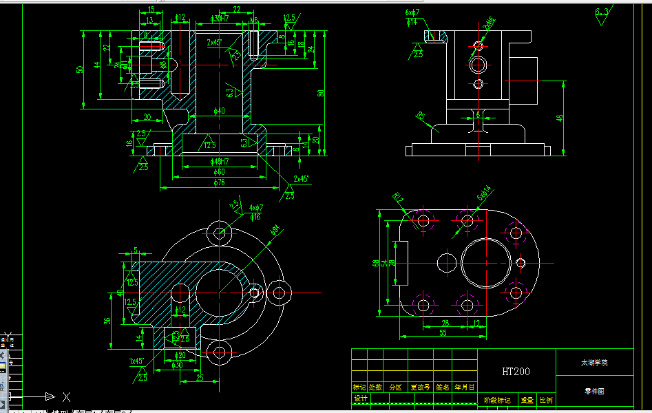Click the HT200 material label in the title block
516,372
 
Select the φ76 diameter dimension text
220,182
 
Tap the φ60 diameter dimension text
220,171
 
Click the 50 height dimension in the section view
80,69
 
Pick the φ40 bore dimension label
220,111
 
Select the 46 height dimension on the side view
560,118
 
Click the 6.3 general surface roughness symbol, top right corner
602,12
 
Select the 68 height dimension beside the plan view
376,263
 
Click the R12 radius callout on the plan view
398,199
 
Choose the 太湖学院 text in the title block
594,362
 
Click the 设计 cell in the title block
360,399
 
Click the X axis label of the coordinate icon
66,396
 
